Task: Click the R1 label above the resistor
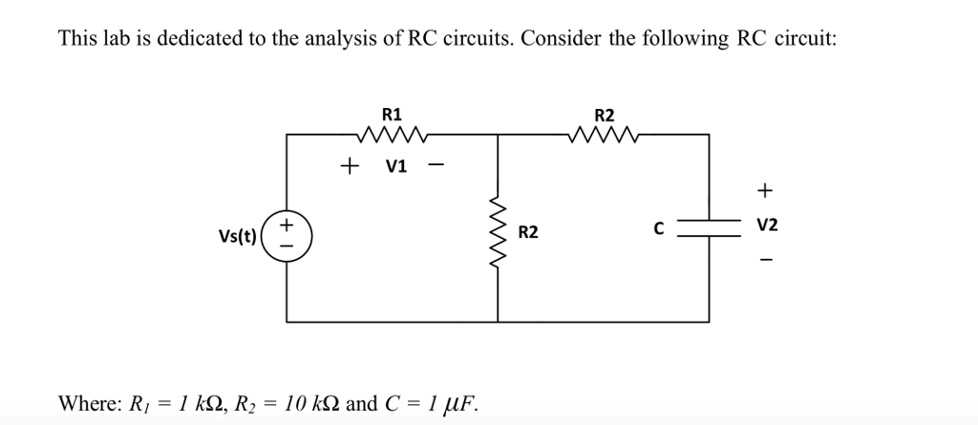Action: (x=392, y=115)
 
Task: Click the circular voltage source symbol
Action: (x=288, y=232)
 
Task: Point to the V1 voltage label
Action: (x=394, y=166)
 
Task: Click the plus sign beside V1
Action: (x=351, y=166)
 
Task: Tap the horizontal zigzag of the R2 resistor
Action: (x=605, y=136)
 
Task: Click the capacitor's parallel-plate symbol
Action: (x=709, y=229)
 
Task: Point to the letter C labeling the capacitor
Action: (x=658, y=229)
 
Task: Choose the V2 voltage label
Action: (x=767, y=225)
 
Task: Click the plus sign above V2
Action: (x=764, y=191)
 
